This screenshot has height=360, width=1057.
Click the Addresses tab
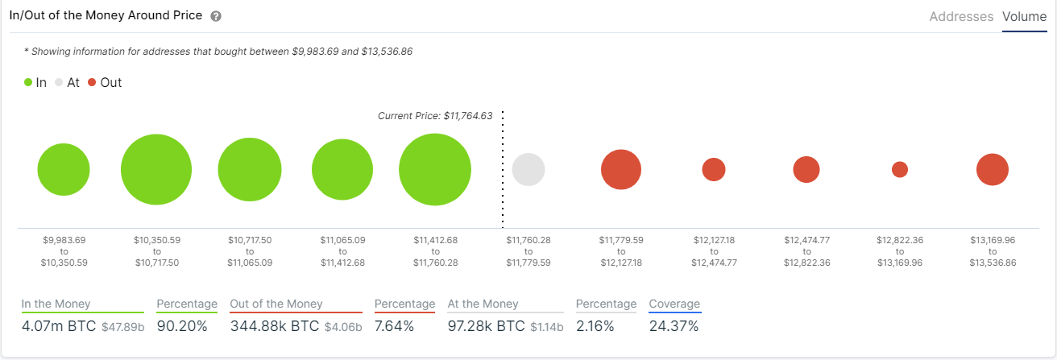[961, 16]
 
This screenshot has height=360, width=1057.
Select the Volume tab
[1024, 16]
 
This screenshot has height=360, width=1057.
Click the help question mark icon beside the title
[215, 16]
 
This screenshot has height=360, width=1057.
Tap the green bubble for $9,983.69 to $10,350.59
[63, 170]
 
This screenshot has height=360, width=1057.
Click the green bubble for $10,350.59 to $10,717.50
[156, 170]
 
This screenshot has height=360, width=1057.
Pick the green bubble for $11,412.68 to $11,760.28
[435, 170]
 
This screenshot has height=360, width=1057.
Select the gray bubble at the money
[528, 170]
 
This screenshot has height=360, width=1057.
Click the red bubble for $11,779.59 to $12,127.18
[620, 170]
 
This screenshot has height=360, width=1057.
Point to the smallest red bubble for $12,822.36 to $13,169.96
[900, 170]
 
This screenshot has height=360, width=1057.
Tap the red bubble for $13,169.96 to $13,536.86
[993, 170]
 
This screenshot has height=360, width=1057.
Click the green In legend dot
[28, 82]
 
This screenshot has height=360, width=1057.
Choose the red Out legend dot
[93, 82]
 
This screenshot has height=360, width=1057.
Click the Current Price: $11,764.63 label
[435, 116]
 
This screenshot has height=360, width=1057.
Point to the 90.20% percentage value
[181, 326]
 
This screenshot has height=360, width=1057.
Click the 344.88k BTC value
[275, 326]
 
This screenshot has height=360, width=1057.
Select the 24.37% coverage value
[674, 326]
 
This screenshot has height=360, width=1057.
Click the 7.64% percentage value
[395, 326]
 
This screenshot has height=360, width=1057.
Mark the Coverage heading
[674, 304]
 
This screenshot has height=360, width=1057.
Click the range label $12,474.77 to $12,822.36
[806, 251]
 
